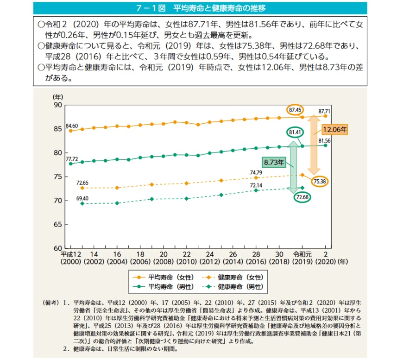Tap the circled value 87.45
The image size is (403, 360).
click(x=295, y=110)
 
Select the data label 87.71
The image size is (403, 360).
click(x=325, y=111)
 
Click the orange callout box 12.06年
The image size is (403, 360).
click(x=334, y=130)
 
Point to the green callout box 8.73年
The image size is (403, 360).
click(x=274, y=163)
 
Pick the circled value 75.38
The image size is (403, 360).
click(x=319, y=181)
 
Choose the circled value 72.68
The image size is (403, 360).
click(x=302, y=197)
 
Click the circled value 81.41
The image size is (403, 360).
click(x=296, y=133)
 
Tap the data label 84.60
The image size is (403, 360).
click(x=71, y=126)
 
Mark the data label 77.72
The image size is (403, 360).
click(x=71, y=158)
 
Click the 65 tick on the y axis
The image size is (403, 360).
click(x=57, y=224)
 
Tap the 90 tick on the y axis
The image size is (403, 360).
click(x=57, y=105)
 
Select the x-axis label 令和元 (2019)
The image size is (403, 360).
click(x=302, y=258)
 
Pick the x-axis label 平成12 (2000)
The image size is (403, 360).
click(x=70, y=258)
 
